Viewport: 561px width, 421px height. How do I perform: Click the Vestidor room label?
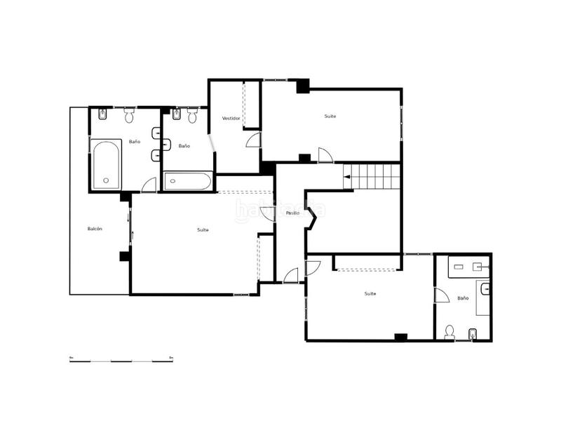231,119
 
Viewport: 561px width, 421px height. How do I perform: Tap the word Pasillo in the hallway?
292,213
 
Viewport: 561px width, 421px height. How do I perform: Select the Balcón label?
95,229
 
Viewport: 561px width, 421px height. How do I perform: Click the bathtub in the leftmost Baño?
106,164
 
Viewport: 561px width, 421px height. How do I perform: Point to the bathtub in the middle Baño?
188,182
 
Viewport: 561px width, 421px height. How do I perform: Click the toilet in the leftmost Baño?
129,115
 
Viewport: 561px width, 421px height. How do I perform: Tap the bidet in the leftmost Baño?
103,114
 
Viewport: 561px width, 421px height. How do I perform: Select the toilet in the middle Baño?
193,116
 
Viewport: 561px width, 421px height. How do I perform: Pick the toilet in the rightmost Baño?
450,333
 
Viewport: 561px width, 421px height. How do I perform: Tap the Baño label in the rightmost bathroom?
463,298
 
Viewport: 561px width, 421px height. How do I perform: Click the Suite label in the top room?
330,116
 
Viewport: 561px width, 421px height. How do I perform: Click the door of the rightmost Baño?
441,295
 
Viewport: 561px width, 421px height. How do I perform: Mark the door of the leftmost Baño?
149,185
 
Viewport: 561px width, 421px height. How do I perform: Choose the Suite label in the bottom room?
370,294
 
